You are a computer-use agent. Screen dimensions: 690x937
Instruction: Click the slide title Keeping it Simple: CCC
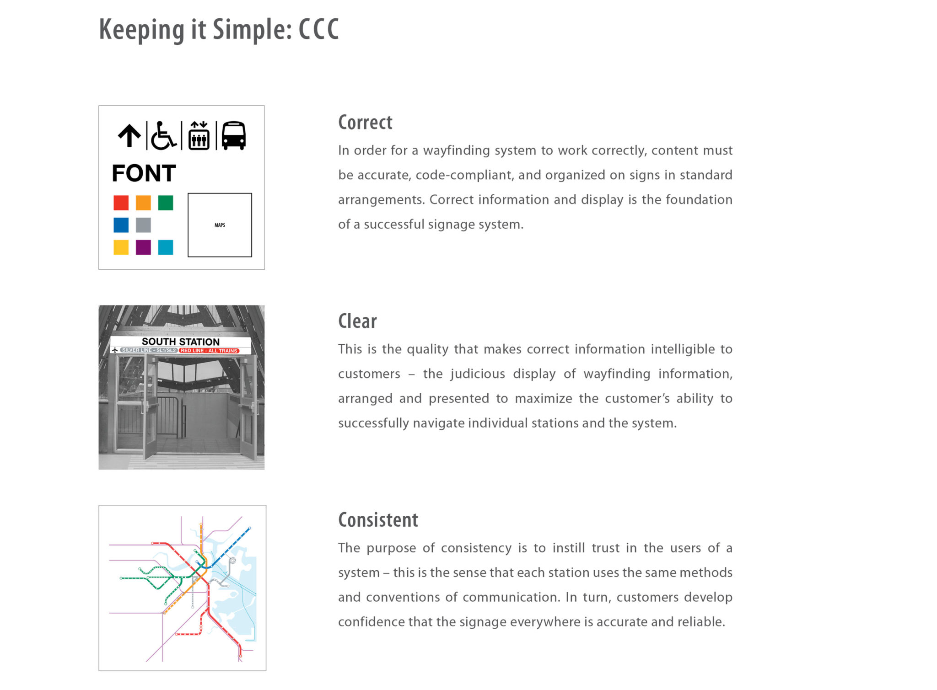219,30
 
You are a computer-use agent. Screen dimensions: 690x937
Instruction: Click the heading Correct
365,123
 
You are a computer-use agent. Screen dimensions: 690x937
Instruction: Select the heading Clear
357,321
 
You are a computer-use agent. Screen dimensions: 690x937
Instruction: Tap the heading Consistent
378,520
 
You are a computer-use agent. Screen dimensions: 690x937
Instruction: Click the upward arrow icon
129,136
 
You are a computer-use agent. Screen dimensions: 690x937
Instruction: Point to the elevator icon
199,136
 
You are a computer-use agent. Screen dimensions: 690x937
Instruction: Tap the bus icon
234,136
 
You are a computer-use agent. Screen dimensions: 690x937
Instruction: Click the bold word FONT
144,173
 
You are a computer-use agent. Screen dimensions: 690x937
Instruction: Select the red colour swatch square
121,203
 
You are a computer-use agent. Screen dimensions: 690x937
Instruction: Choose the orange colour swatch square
143,203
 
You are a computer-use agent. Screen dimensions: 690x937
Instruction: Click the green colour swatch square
166,203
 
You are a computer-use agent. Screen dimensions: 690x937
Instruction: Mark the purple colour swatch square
143,247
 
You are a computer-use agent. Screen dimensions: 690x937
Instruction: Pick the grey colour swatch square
143,225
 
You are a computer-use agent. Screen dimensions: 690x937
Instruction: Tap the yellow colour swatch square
121,247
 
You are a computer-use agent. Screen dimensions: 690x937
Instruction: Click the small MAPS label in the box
220,225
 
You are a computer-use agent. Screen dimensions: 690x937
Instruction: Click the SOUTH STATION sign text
180,342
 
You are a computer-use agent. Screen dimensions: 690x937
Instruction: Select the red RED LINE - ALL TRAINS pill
209,351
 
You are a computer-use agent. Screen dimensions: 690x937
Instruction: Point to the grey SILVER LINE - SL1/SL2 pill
148,350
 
